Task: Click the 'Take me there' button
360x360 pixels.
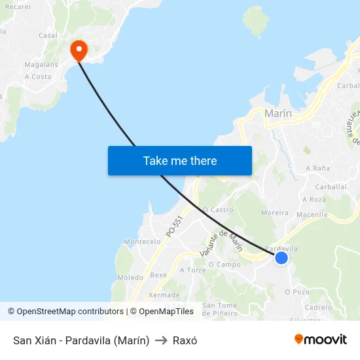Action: [x=180, y=160]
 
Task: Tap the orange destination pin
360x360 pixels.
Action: [x=79, y=50]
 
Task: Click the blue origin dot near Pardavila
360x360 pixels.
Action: [x=281, y=258]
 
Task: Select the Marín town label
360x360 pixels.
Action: [x=278, y=113]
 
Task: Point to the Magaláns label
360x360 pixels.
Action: [x=41, y=64]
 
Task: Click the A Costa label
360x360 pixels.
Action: [x=37, y=77]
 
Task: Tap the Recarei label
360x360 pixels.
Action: [x=17, y=7]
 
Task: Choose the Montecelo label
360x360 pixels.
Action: [x=142, y=242]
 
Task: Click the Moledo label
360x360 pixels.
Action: [x=130, y=278]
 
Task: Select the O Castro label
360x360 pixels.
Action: [x=218, y=210]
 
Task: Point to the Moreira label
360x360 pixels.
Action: [x=275, y=213]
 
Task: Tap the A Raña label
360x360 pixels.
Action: [x=317, y=168]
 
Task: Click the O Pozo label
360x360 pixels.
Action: [x=297, y=292]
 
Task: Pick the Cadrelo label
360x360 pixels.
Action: [x=318, y=307]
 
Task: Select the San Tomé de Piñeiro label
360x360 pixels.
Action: [x=219, y=309]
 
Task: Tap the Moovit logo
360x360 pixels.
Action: [x=321, y=340]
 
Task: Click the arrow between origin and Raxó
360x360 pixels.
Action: [x=161, y=340]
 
